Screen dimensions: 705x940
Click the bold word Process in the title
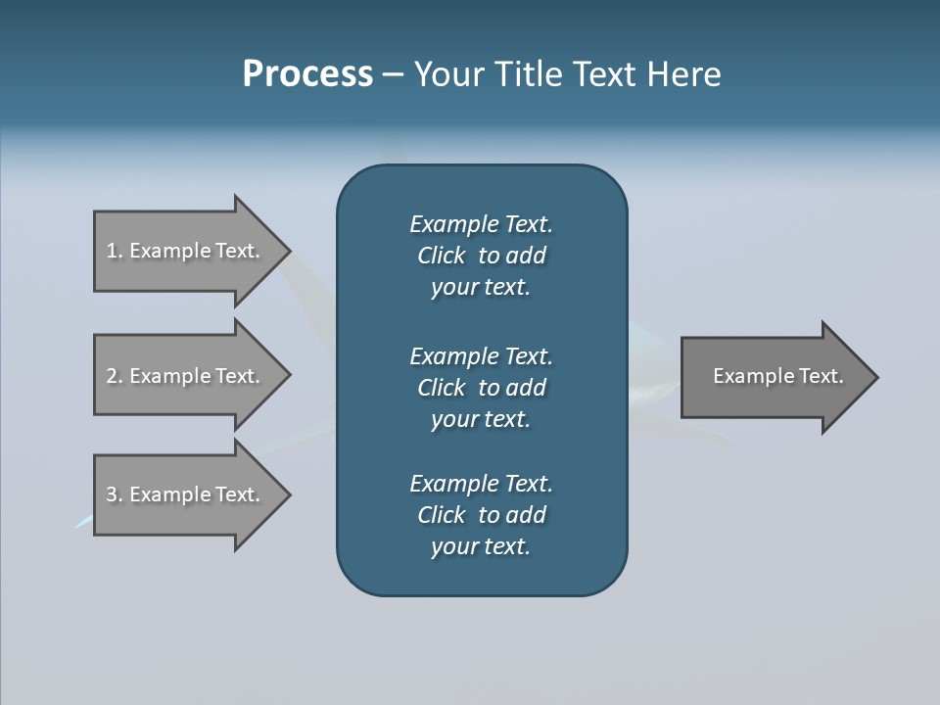[307, 74]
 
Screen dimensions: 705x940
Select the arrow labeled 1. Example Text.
[186, 251]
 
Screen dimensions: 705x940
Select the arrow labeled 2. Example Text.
[186, 376]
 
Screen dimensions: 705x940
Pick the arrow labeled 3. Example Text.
[186, 494]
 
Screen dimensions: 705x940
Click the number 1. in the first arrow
[115, 251]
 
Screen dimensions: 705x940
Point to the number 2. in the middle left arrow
[115, 376]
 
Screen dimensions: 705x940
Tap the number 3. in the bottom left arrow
[115, 494]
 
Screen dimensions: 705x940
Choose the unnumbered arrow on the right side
[774, 376]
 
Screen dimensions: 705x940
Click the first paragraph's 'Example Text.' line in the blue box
[481, 224]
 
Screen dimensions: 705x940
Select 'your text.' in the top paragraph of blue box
[481, 288]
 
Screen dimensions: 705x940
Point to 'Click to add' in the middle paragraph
[481, 388]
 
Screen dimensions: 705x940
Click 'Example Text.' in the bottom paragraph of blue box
[481, 484]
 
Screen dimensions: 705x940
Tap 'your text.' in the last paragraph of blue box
[481, 547]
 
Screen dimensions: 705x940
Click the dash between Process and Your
[394, 74]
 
